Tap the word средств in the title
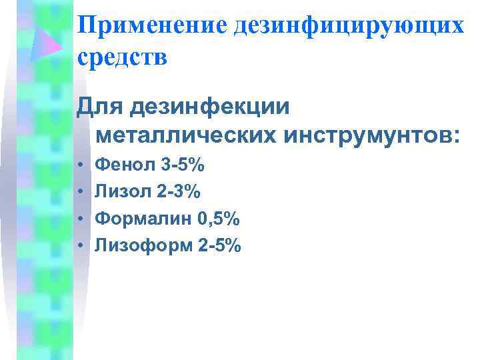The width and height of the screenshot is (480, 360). coord(123,58)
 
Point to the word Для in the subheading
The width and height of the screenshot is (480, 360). coord(101,105)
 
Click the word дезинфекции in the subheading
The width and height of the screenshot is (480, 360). coord(211,105)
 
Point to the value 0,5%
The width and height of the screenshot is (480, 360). coord(219,219)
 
